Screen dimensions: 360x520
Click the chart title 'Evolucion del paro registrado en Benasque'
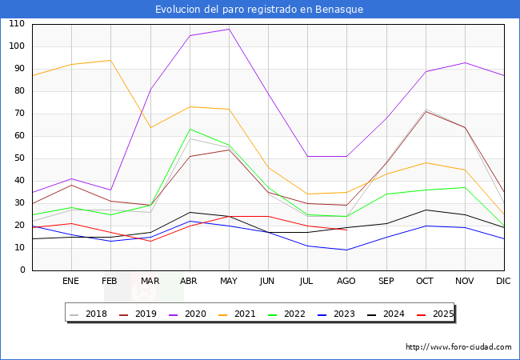[x=260, y=10]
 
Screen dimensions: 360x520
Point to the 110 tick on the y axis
[x=16, y=24]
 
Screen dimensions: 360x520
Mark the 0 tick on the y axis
[x=22, y=270]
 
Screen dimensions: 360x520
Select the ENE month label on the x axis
[x=70, y=282]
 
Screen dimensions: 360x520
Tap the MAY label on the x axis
[x=229, y=282]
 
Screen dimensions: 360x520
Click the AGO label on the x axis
[x=346, y=282]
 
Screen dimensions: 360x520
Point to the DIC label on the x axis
[x=503, y=282]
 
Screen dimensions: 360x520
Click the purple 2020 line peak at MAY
[x=229, y=29]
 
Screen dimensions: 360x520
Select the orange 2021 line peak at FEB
[x=110, y=60]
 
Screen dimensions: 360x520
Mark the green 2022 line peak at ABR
[x=190, y=129]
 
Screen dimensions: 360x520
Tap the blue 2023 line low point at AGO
[x=346, y=250]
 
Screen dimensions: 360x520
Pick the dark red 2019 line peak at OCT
[x=425, y=111]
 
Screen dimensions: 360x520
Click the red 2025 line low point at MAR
[x=150, y=242]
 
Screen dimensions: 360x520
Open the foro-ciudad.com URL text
[x=458, y=347]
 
